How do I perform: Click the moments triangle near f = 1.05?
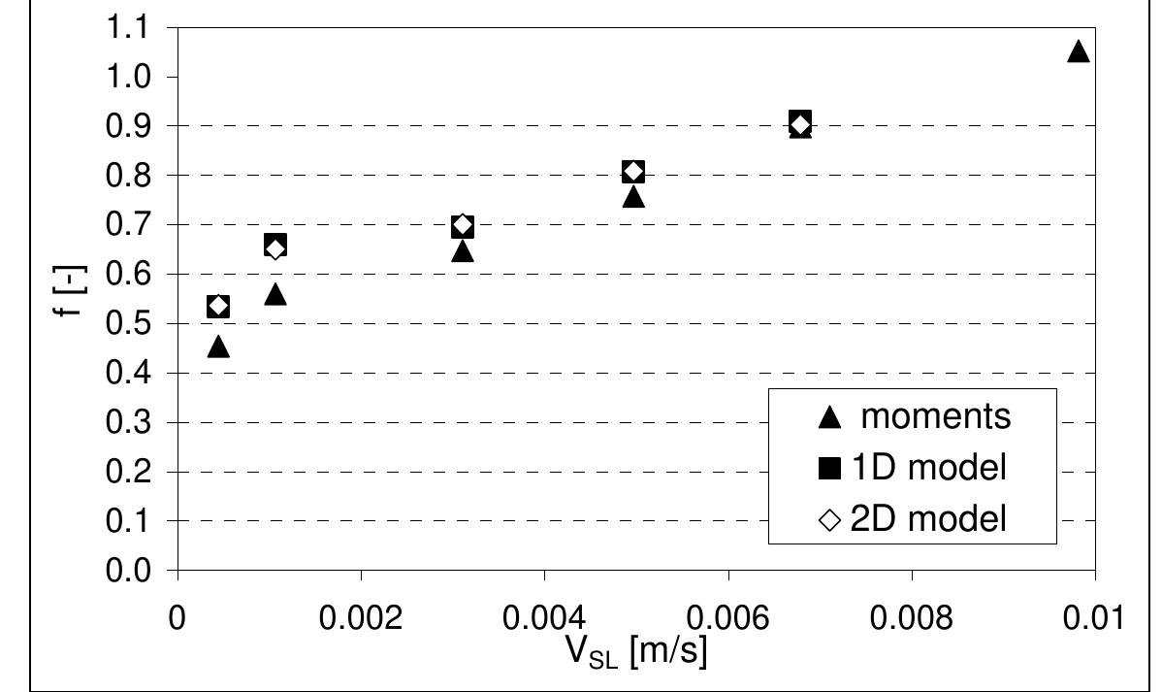(x=1078, y=52)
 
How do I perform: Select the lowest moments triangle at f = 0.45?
(x=218, y=346)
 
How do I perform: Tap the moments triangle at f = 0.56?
(x=275, y=294)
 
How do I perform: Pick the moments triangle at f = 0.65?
(x=463, y=251)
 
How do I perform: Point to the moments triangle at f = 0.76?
(x=633, y=197)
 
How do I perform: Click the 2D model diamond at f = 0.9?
(x=800, y=124)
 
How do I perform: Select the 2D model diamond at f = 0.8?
(x=633, y=172)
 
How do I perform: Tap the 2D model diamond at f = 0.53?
(x=218, y=307)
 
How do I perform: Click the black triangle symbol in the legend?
(x=829, y=417)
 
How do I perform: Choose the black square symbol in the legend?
(x=829, y=469)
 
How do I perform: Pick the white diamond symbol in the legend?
(x=829, y=520)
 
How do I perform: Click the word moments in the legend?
(x=936, y=416)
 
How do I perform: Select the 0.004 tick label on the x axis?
(x=544, y=617)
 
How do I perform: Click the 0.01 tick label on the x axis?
(x=1094, y=617)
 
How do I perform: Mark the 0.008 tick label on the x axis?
(x=911, y=617)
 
